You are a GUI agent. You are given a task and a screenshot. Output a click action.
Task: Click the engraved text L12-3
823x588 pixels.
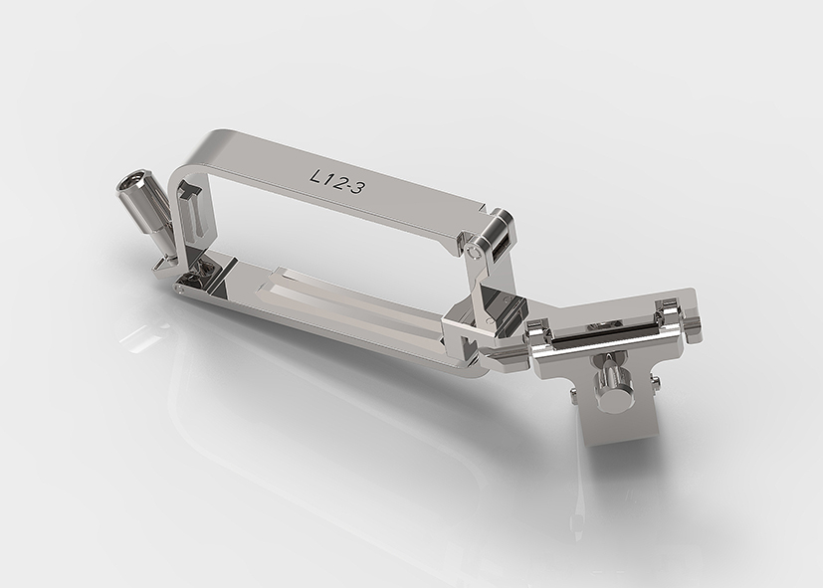coord(336,180)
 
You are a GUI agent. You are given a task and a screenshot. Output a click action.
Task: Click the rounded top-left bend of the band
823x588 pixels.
coord(180,174)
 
